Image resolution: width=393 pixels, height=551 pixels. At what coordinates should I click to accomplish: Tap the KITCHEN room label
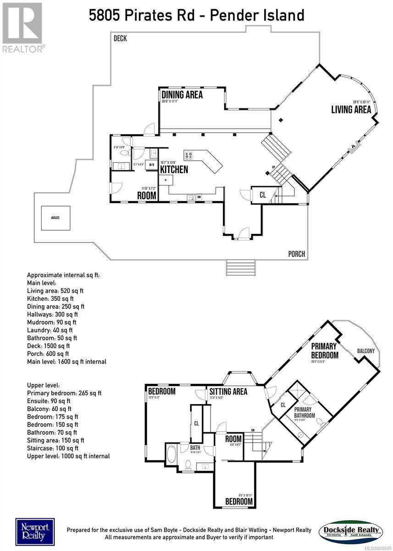point(174,169)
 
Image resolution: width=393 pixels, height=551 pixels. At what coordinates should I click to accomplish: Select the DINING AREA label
point(182,95)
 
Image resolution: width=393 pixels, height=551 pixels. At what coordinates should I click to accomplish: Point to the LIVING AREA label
point(351,109)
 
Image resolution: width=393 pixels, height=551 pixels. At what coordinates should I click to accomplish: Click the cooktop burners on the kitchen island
point(188,155)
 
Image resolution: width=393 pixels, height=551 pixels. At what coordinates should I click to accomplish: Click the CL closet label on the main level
point(262,195)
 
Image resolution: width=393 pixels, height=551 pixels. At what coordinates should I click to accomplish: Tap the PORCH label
point(297,254)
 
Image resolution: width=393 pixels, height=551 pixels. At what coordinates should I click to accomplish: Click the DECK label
point(120,39)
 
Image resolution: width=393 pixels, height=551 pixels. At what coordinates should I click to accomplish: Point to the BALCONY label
point(366,351)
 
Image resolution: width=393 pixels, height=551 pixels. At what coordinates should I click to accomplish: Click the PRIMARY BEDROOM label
point(325,350)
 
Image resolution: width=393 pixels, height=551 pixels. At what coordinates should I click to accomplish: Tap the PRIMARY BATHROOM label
point(304,412)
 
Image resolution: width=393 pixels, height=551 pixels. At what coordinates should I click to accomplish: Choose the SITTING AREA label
point(228,392)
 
